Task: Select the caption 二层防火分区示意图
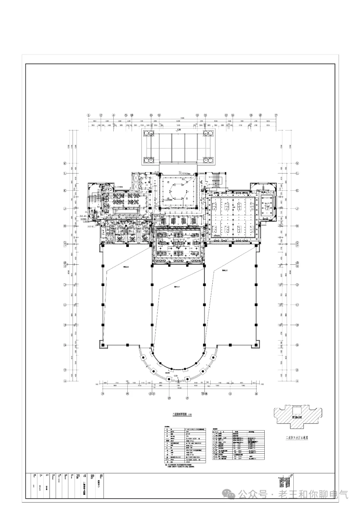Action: point(295,438)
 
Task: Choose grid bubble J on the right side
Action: point(297,209)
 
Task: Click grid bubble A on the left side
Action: point(65,381)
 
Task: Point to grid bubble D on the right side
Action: point(297,285)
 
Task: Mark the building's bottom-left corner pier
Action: point(103,344)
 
